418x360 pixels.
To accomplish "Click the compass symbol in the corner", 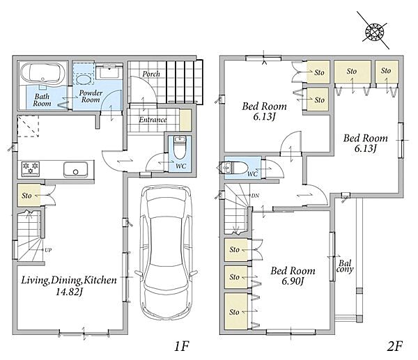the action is [374, 31].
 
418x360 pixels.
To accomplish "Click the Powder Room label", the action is [91, 96].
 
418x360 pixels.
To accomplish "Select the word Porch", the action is [151, 74].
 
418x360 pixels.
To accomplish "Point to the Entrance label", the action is [153, 120].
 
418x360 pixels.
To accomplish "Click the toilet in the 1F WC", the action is [180, 147].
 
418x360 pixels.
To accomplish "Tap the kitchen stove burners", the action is [31, 169].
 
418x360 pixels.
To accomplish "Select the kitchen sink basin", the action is [75, 169].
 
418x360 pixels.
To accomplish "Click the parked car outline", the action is [166, 252].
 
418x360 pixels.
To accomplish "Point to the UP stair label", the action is [48, 250].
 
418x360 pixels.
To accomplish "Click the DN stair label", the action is [255, 196].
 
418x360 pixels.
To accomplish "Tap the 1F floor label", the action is [182, 346].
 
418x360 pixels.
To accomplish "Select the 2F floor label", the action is [394, 346].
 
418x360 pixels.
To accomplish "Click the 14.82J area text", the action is [69, 292].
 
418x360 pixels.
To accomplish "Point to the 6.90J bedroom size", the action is [293, 281].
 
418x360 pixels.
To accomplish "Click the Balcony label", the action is [345, 266].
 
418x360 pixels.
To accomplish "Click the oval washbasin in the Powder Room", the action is [83, 79].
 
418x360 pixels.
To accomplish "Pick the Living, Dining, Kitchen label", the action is [69, 281].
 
